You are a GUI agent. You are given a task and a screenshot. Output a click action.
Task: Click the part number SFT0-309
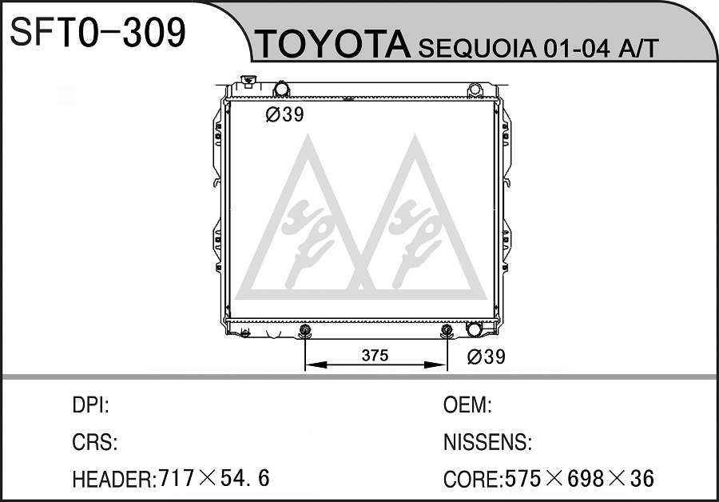pyautogui.click(x=97, y=32)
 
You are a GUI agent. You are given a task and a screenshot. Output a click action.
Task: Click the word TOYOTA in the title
pyautogui.click(x=333, y=44)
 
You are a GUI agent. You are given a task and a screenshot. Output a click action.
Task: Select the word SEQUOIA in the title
pyautogui.click(x=477, y=48)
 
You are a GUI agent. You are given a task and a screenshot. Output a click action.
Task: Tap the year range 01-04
pyautogui.click(x=577, y=48)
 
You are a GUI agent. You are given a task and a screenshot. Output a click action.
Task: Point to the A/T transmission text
pyautogui.click(x=638, y=48)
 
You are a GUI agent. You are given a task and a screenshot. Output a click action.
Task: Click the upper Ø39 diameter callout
pyautogui.click(x=284, y=115)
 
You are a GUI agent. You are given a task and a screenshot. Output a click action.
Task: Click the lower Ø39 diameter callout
pyautogui.click(x=486, y=357)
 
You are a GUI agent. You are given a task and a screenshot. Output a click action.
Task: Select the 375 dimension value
pyautogui.click(x=375, y=355)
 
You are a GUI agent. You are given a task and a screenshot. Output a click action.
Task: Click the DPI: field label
pyautogui.click(x=91, y=405)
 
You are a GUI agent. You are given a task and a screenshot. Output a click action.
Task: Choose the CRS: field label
pyautogui.click(x=95, y=442)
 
